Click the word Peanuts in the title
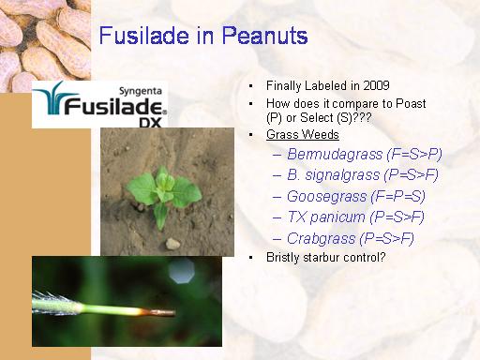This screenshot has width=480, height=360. point(265,36)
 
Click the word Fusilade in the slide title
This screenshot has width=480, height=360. point(144,35)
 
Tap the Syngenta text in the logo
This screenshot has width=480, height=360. point(141,91)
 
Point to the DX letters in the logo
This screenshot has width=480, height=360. point(150,123)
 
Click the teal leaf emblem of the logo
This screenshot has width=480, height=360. point(53,97)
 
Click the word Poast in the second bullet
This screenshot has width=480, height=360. point(411,103)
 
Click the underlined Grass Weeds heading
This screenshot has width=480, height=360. point(303,135)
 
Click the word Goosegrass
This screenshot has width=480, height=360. point(326,197)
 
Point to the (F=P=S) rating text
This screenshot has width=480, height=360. point(398,197)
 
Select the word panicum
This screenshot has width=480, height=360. point(337,217)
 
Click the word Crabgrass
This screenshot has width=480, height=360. point(322,239)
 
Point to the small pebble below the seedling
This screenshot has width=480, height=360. point(172,244)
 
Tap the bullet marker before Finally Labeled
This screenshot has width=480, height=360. point(250,86)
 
